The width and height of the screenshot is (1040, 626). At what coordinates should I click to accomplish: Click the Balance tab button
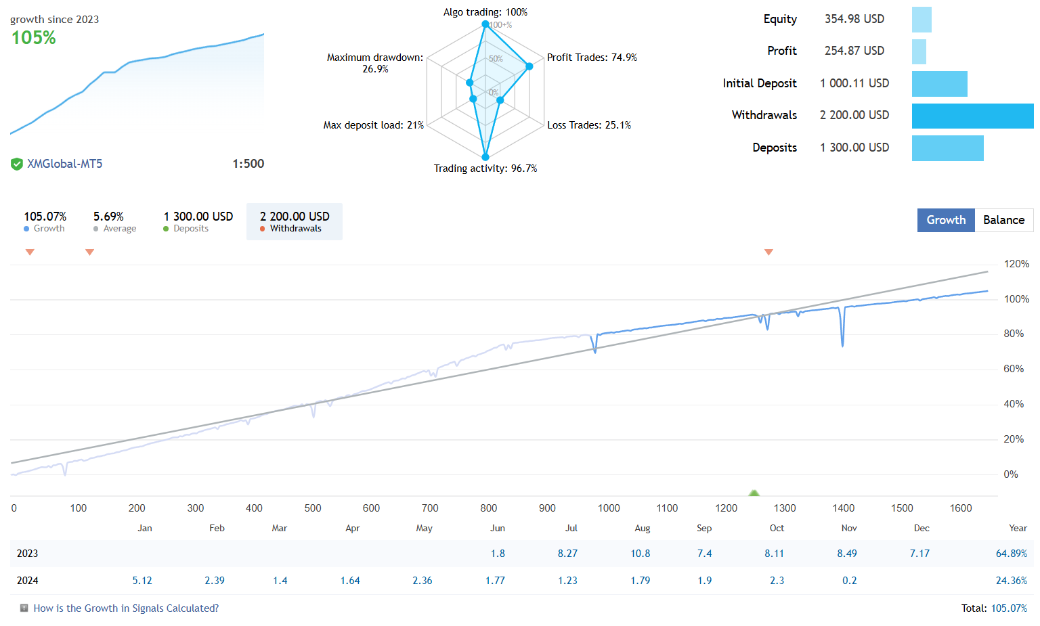click(1003, 220)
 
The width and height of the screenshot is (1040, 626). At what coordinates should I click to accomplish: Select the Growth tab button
click(946, 220)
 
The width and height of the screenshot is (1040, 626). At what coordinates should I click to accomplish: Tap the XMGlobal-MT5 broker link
click(64, 164)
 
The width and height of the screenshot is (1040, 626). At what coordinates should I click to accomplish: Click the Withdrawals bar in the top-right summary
click(972, 116)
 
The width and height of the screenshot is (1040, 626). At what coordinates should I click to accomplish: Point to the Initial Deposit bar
click(939, 84)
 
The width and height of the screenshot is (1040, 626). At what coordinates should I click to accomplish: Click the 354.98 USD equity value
click(854, 19)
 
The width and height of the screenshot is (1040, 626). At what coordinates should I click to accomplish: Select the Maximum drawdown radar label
click(375, 63)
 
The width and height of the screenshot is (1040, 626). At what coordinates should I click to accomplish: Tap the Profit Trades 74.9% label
click(592, 58)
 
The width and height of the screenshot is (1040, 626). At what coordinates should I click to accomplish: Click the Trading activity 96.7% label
click(485, 169)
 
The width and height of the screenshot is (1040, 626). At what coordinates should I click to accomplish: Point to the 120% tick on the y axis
click(1016, 264)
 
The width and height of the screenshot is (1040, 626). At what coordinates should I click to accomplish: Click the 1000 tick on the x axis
click(609, 508)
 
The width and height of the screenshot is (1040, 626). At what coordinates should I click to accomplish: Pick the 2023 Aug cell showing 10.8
click(640, 554)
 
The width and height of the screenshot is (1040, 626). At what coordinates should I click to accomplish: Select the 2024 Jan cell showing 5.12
click(142, 581)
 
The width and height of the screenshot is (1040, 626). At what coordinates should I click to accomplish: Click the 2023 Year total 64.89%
click(1011, 554)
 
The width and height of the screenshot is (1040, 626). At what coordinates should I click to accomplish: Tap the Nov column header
click(848, 529)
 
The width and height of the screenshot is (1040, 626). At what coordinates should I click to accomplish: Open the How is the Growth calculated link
click(126, 608)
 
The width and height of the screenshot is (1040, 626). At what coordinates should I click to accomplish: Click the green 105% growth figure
click(34, 38)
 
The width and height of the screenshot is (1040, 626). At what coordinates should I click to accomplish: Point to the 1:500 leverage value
click(248, 164)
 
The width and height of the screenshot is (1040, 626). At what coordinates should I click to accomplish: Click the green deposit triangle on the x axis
click(754, 493)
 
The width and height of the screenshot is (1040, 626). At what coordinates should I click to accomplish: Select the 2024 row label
click(28, 581)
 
